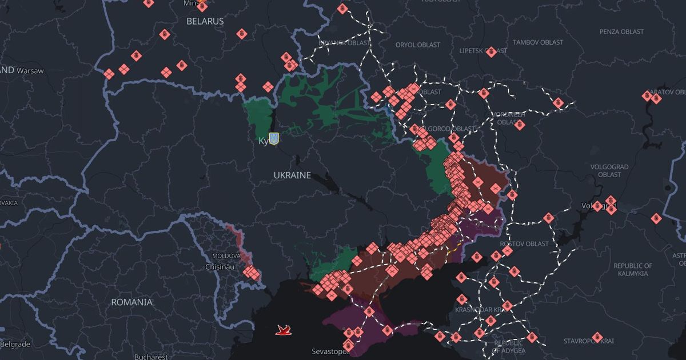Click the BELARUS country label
pyautogui.click(x=205, y=21)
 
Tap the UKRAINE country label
pyautogui.click(x=292, y=175)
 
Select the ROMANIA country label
pyautogui.click(x=131, y=302)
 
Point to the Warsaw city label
pyautogui.click(x=30, y=70)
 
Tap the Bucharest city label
pyautogui.click(x=150, y=357)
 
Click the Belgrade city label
pyautogui.click(x=15, y=345)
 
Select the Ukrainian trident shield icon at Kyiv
pyautogui.click(x=274, y=138)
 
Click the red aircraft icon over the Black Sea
pyautogui.click(x=283, y=330)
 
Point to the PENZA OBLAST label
pyautogui.click(x=621, y=32)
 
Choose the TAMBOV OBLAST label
pyautogui.click(x=537, y=42)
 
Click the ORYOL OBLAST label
pyautogui.click(x=418, y=45)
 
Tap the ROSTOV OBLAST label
pyautogui.click(x=524, y=244)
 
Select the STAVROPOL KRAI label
pyautogui.click(x=589, y=341)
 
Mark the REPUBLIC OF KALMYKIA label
pyautogui.click(x=632, y=270)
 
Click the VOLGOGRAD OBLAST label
pyautogui.click(x=609, y=170)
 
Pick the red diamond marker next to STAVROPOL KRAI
pyautogui.click(x=597, y=338)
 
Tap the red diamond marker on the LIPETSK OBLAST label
pyautogui.click(x=490, y=52)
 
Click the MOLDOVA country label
pyautogui.click(x=226, y=255)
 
